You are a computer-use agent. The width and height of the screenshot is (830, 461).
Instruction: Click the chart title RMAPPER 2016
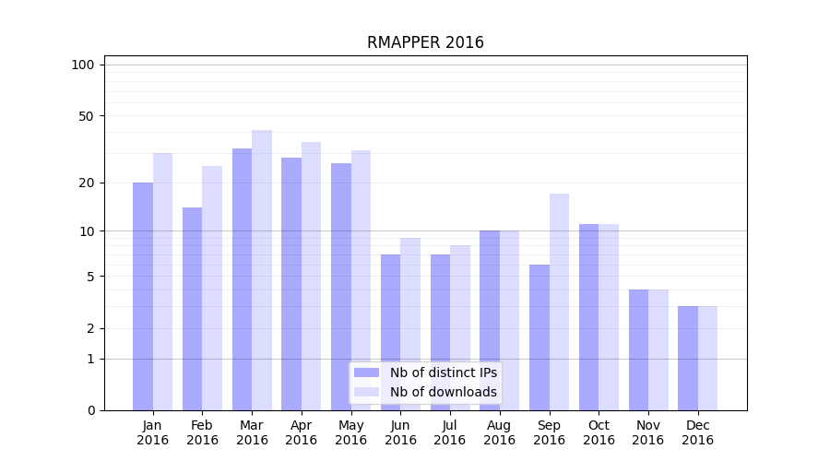point(425,42)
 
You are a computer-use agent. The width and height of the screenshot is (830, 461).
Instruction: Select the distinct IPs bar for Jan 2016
point(143,295)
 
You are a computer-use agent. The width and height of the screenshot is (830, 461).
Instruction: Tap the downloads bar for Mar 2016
point(262,269)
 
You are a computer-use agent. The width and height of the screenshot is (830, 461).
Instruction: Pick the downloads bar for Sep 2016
point(559,301)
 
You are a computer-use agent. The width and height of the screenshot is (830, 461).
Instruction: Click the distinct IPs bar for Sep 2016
point(539,337)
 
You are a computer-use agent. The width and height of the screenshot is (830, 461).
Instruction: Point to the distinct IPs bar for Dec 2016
point(688,358)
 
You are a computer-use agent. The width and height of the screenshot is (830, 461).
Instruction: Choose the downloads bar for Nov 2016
point(658,349)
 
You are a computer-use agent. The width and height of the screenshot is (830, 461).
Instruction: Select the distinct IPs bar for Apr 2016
point(291,283)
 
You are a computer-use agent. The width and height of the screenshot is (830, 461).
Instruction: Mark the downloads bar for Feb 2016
point(212,288)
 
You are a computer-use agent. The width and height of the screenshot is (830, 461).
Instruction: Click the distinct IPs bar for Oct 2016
point(588,316)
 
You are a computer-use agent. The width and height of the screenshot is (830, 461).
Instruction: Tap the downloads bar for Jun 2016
point(410,324)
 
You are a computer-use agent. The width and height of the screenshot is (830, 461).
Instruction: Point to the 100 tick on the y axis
point(83,65)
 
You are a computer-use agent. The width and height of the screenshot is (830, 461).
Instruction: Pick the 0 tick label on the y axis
point(90,410)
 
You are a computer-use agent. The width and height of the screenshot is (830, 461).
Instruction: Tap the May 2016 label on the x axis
point(351,432)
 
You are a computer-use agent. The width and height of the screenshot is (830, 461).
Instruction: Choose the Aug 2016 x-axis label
point(500,432)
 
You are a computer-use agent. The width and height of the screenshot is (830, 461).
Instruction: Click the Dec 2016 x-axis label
point(698,432)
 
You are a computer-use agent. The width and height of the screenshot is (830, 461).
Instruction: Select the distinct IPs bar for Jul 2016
point(440,332)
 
